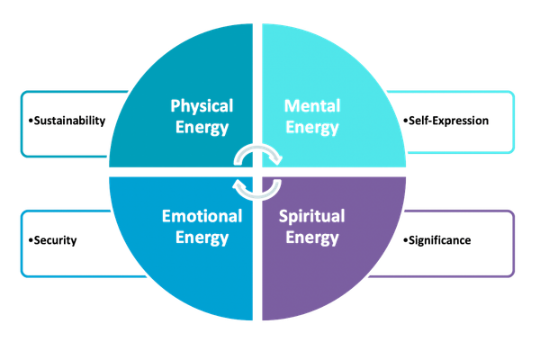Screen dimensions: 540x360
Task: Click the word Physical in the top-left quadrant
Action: point(202,106)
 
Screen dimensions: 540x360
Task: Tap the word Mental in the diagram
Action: point(312,106)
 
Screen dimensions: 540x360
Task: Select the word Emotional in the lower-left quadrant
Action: point(202,216)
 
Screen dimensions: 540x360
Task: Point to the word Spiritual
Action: point(312,217)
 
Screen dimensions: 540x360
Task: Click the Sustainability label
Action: point(69,121)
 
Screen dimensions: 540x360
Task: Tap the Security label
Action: point(55,240)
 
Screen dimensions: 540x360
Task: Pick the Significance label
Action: point(440,240)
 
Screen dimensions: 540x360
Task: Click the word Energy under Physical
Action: point(202,128)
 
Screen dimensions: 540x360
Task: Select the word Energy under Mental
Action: point(312,128)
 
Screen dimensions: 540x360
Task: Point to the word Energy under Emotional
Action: point(202,238)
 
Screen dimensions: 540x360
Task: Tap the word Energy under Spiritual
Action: point(312,238)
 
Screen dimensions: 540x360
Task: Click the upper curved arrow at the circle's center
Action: point(257,148)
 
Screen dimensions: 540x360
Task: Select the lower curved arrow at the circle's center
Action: point(257,197)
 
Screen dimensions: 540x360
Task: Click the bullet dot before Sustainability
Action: point(31,121)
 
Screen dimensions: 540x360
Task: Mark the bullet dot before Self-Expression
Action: point(405,121)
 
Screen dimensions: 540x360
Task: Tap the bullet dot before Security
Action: point(31,240)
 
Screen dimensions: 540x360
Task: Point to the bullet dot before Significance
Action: point(405,240)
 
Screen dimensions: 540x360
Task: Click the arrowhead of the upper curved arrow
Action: point(275,159)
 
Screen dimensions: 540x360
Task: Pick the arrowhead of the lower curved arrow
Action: point(239,184)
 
